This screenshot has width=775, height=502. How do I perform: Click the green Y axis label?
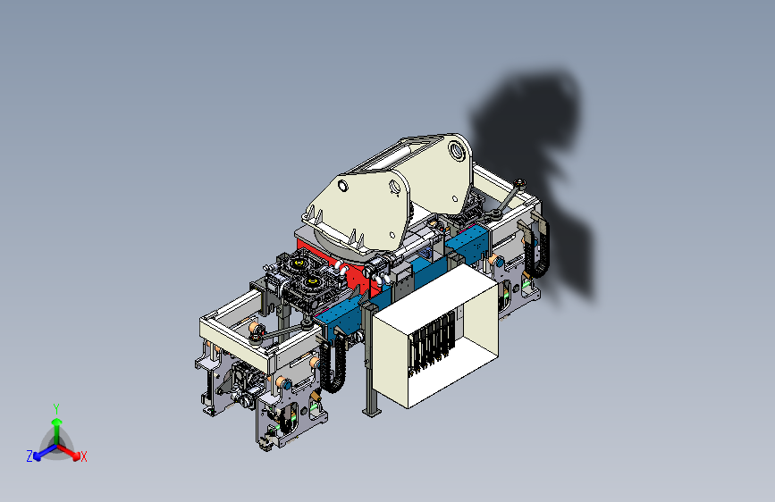pos(56,409)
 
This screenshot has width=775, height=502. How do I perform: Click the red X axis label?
pos(83,457)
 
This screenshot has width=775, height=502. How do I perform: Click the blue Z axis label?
pos(29,456)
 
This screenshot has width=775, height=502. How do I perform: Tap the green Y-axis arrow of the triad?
pos(57,431)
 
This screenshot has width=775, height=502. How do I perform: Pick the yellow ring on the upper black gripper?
pos(299,263)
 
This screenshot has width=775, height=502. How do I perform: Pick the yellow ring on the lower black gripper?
pos(312,282)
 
